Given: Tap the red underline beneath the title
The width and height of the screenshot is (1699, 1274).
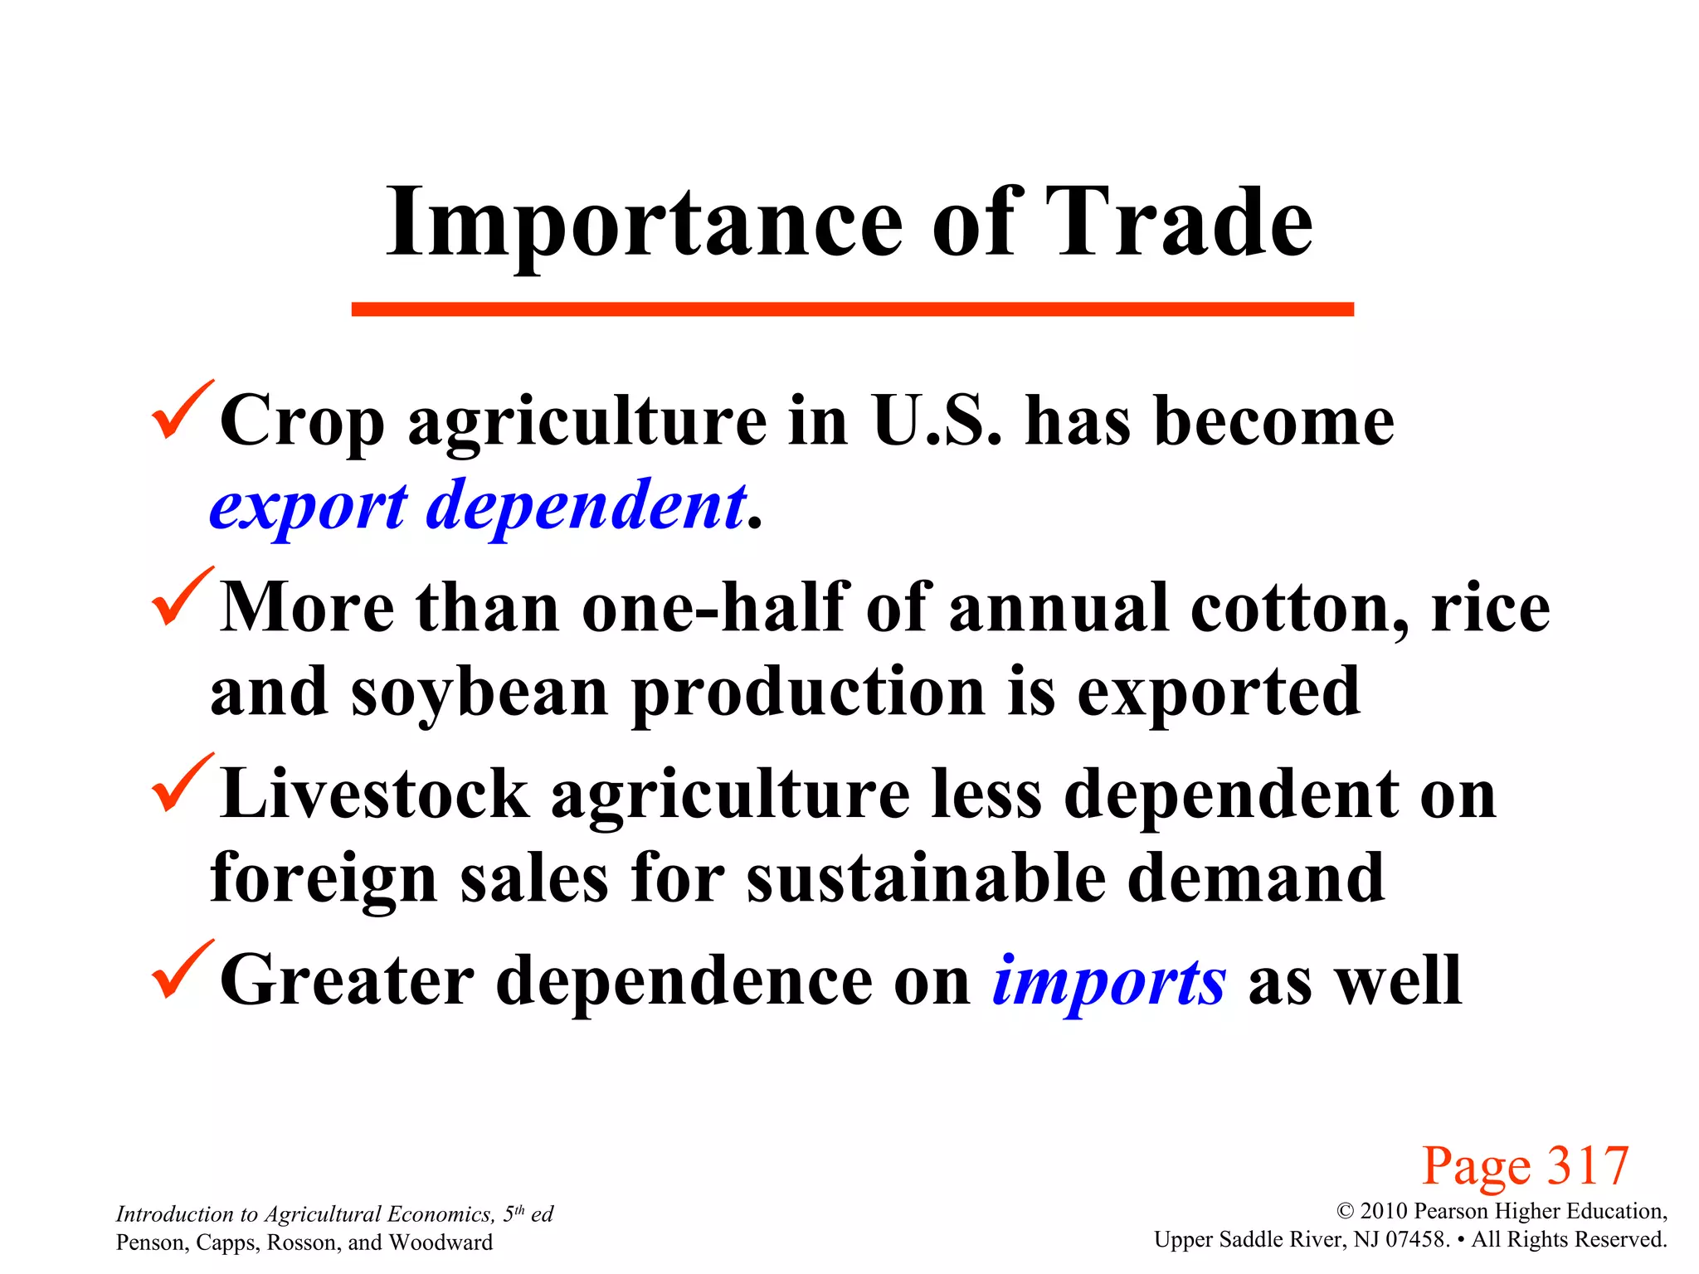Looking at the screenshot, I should (852, 309).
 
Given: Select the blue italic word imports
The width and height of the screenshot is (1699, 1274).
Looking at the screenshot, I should (1108, 981).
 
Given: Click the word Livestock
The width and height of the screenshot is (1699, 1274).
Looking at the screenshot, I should (374, 795).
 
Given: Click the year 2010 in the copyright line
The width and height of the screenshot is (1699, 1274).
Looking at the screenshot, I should (1385, 1211).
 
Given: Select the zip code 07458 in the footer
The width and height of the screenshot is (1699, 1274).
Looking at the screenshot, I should (1417, 1239).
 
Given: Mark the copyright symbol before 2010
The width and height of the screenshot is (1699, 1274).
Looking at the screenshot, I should (1345, 1212).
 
